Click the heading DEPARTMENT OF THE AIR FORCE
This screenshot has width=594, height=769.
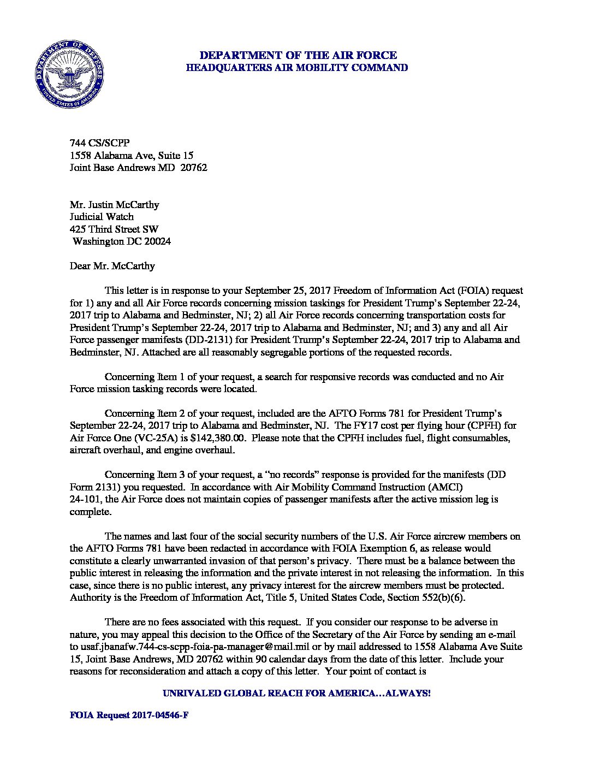coord(298,55)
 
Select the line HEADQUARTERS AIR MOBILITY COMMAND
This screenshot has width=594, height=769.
coord(298,68)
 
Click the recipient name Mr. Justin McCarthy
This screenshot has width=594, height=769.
coord(115,205)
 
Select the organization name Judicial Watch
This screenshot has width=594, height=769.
coord(102,217)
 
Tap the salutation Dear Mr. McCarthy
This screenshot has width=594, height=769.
coord(112,266)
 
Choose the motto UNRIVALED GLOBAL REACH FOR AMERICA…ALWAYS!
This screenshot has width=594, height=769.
coord(297,693)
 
